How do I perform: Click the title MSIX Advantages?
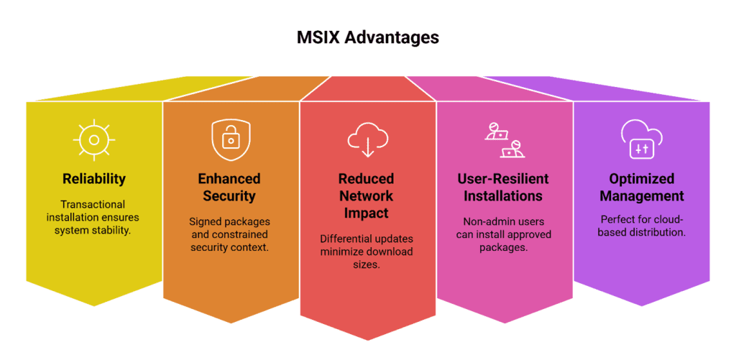click(367, 37)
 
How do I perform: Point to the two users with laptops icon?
click(504, 139)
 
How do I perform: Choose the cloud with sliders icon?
click(640, 139)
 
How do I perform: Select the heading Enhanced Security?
click(230, 187)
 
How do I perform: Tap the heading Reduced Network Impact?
click(367, 195)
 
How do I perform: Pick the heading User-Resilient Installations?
click(503, 187)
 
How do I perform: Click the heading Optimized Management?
click(642, 187)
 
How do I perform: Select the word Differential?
click(342, 238)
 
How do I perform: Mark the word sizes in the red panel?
click(367, 264)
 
